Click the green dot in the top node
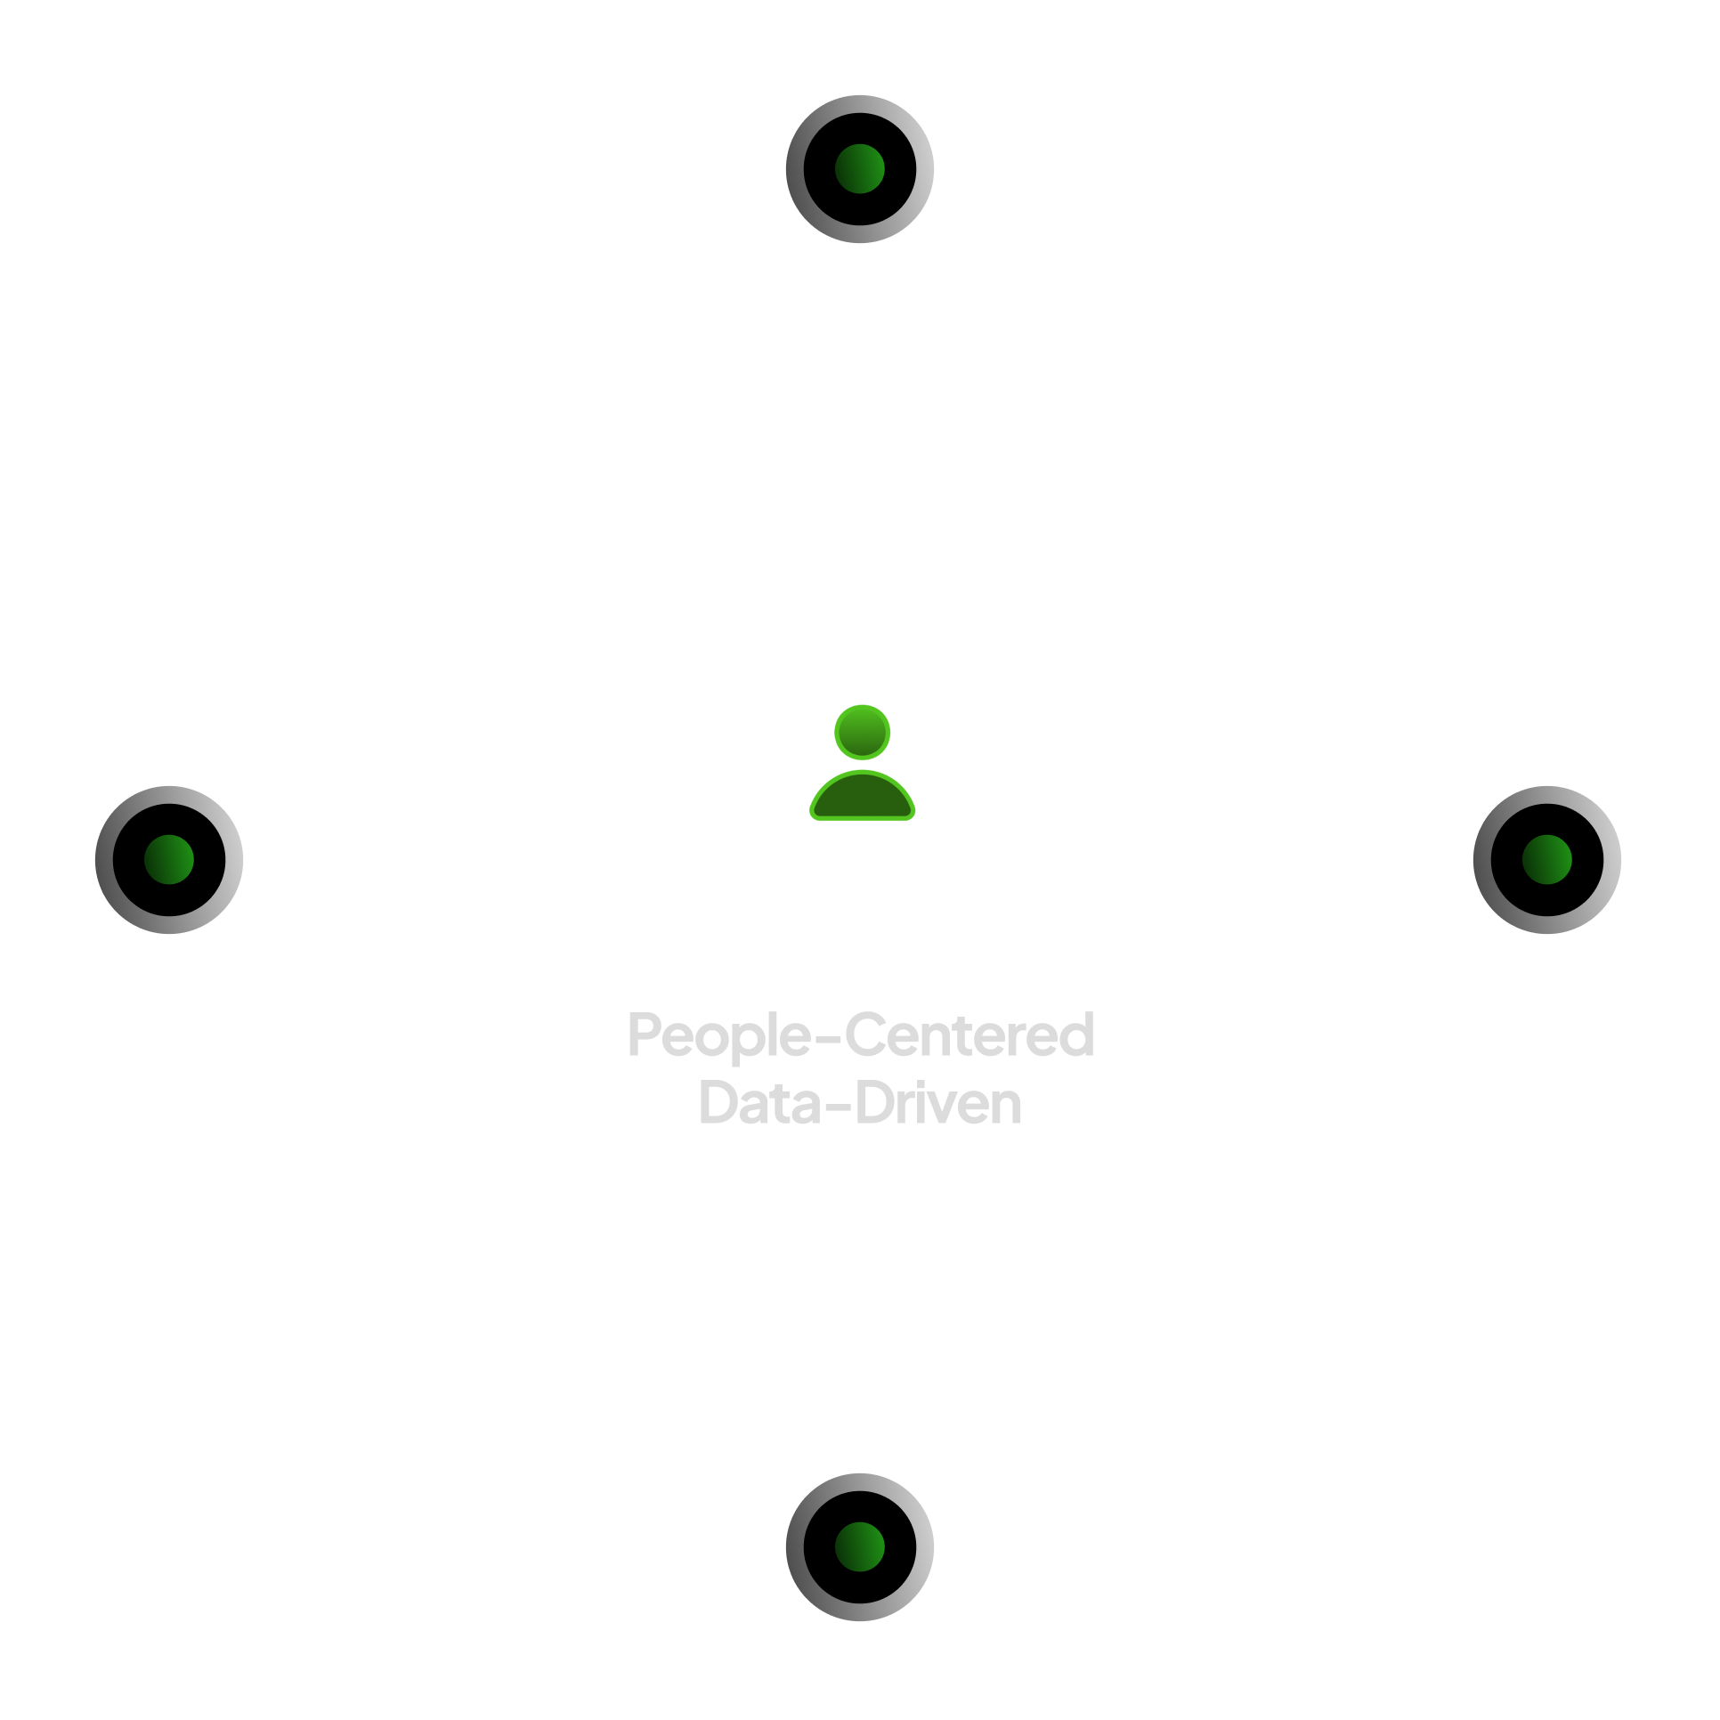(859, 168)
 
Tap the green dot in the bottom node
(859, 1546)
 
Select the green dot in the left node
(169, 859)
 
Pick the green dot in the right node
(1547, 859)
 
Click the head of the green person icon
(862, 732)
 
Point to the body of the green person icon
(862, 798)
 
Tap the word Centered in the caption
(970, 1034)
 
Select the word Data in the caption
(759, 1104)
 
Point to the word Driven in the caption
(938, 1104)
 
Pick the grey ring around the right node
(1610, 859)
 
